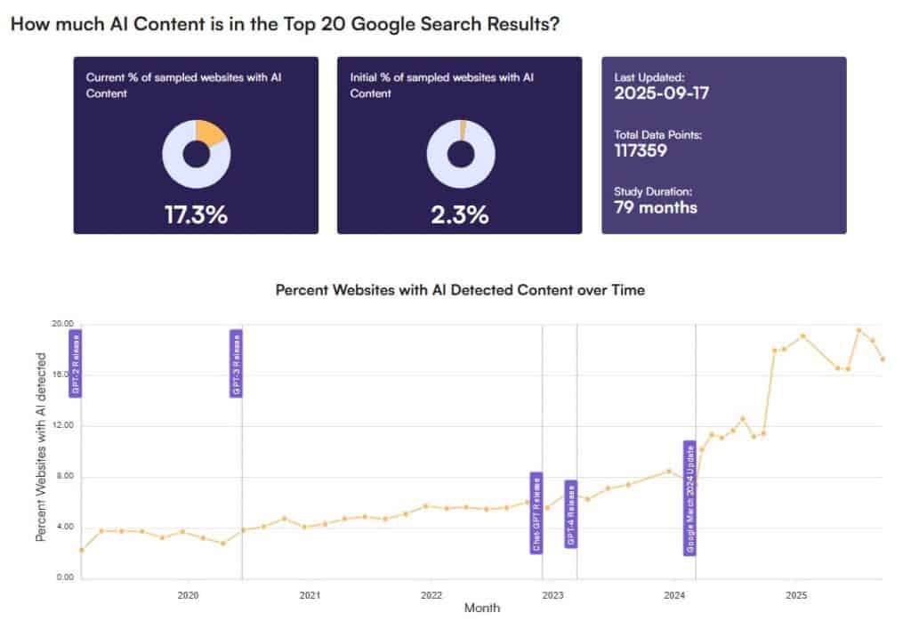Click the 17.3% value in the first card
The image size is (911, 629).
196,214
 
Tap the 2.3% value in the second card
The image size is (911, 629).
460,214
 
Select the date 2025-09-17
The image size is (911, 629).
662,93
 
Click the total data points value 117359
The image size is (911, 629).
641,150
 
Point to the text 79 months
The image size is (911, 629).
656,207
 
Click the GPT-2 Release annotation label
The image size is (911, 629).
76,363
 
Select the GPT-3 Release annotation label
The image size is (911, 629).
236,363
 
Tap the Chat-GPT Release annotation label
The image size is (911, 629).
536,512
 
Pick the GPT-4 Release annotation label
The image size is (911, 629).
571,514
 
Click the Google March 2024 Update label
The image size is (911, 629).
689,498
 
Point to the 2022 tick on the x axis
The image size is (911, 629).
431,594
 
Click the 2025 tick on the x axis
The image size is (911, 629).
796,594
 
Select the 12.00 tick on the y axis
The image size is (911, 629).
62,426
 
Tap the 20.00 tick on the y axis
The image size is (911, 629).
62,324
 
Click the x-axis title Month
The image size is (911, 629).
481,609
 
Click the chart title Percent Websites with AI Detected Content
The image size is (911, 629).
460,290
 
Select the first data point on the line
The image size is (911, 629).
82,550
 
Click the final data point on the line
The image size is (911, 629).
883,359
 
